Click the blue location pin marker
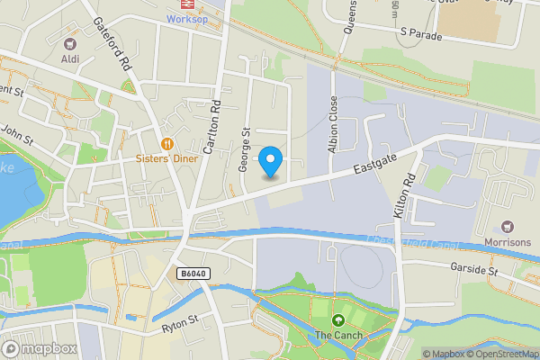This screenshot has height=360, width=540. tap(270, 162)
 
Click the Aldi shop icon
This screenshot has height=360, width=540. tap(69, 43)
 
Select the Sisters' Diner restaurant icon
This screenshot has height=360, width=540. tap(166, 143)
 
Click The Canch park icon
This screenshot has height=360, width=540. tap(338, 320)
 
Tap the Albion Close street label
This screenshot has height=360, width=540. tap(333, 123)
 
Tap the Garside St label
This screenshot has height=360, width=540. tap(474, 269)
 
